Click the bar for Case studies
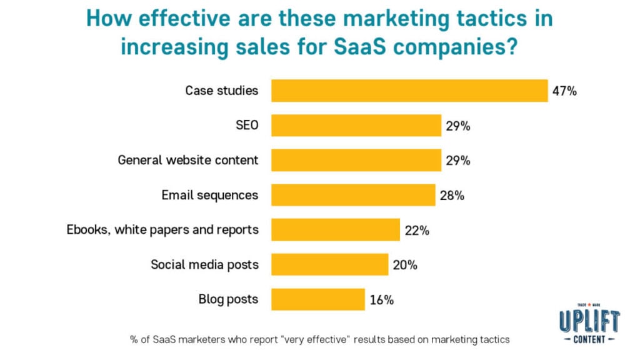tap(409, 91)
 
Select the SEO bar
tap(356, 126)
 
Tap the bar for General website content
tap(356, 160)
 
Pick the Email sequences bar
tap(353, 195)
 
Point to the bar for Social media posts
tap(329, 264)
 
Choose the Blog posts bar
tap(317, 299)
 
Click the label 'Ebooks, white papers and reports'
tap(162, 229)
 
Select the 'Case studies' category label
tap(221, 91)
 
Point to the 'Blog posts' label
tap(228, 299)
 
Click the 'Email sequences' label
tap(209, 195)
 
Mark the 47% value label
tap(564, 91)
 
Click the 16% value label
tap(381, 300)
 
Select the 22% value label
tap(416, 231)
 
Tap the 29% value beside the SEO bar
tap(458, 126)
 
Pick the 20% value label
tap(405, 265)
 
